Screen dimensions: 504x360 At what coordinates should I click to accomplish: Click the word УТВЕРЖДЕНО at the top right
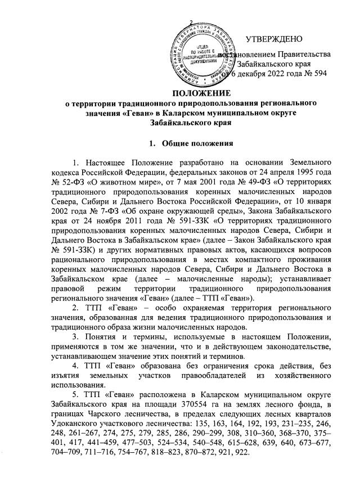pyautogui.click(x=274, y=39)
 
